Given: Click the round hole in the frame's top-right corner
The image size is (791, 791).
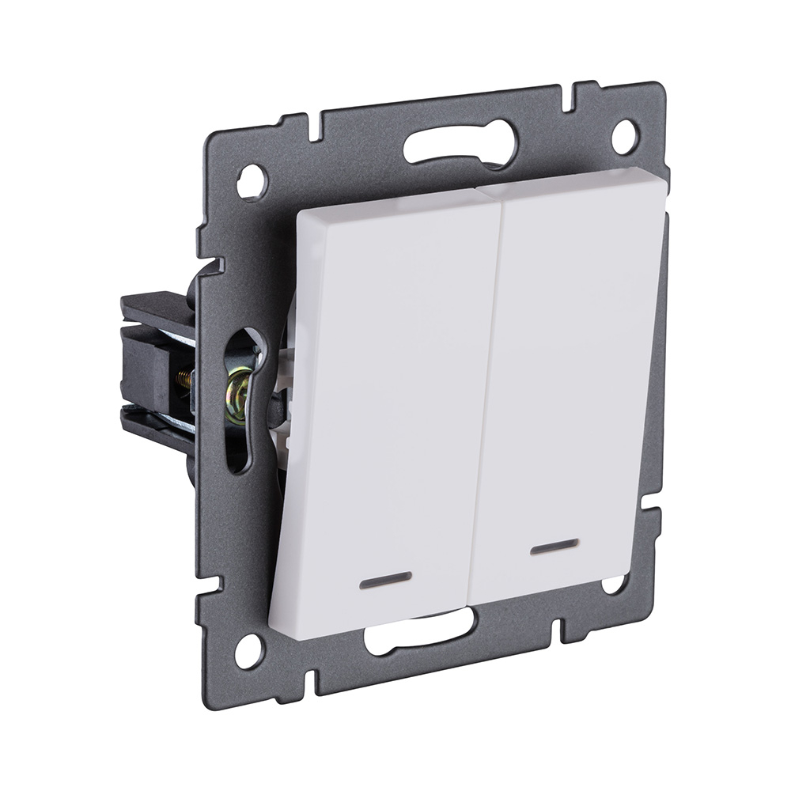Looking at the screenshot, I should pos(624,137).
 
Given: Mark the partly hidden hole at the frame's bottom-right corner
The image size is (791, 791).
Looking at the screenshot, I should pos(613,585).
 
